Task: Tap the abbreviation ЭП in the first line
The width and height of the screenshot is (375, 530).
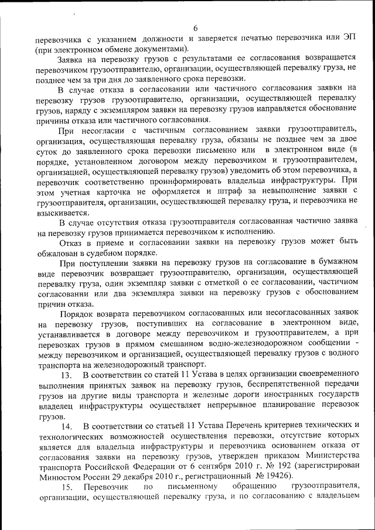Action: click(x=350, y=39)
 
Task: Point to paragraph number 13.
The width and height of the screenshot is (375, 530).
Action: click(x=66, y=374)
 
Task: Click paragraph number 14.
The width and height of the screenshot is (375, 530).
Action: click(x=66, y=425)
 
